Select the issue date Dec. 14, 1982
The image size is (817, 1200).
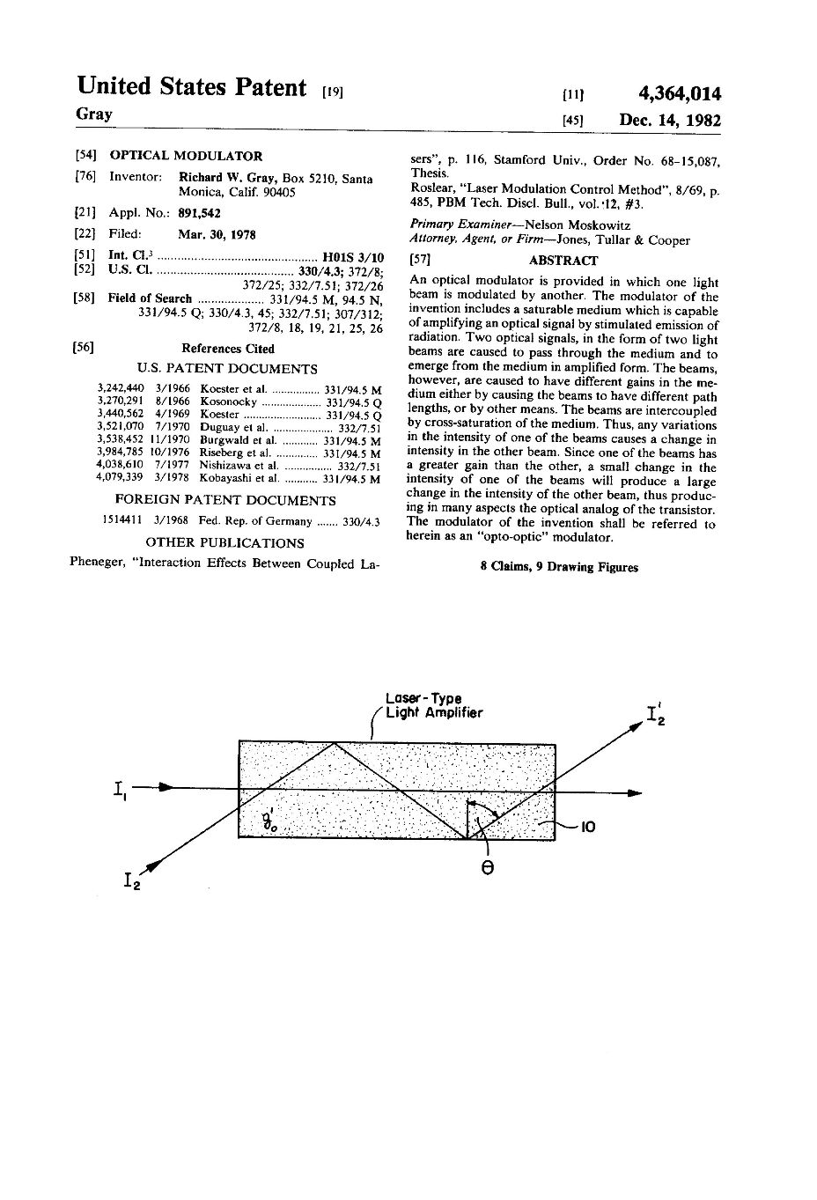[670, 121]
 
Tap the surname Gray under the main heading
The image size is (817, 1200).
[94, 114]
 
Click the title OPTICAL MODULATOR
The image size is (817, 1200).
[186, 156]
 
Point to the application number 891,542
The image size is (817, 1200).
[200, 213]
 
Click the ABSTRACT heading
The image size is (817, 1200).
[563, 261]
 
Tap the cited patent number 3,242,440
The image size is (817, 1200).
[119, 389]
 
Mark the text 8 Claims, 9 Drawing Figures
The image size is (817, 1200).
[559, 567]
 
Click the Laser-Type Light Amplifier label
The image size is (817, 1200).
[432, 706]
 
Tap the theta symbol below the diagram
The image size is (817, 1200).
[487, 867]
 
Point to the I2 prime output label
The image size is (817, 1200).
[656, 714]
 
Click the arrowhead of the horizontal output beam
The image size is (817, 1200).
[635, 793]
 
